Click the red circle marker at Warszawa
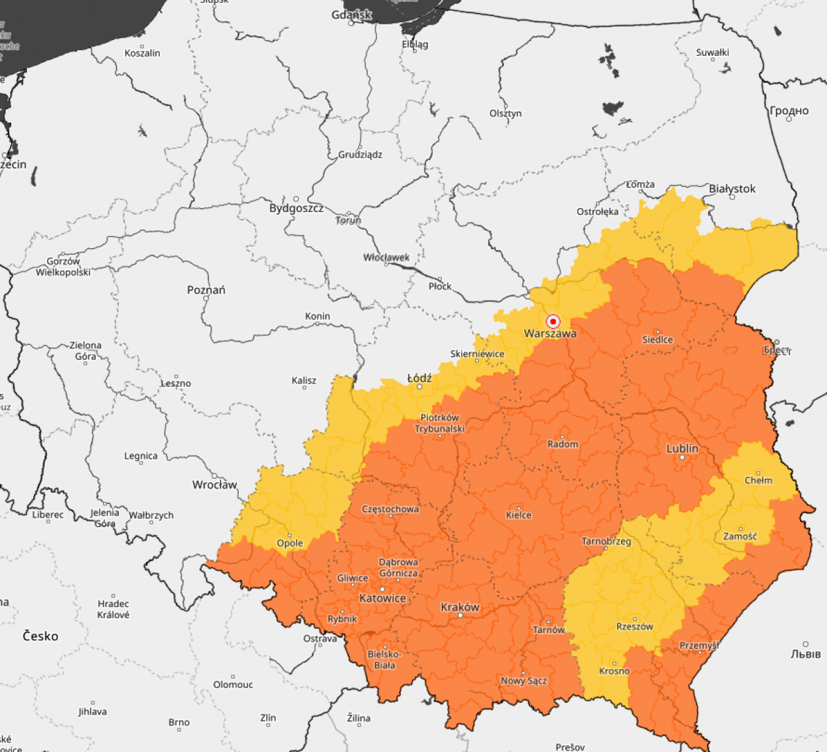[x=553, y=321]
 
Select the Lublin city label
[x=682, y=449]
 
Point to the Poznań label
[x=206, y=290]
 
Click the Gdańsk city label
[x=351, y=15]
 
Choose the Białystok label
[x=732, y=188]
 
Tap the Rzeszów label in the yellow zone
[x=635, y=626]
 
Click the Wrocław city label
[x=215, y=484]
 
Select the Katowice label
[x=382, y=598]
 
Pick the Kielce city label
[x=518, y=515]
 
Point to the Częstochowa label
[x=390, y=509]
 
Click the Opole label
[x=290, y=543]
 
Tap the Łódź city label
[x=419, y=378]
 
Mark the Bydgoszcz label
[x=296, y=208]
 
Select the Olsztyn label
[x=506, y=113]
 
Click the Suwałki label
[x=712, y=52]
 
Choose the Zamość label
[x=740, y=536]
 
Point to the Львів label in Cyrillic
[x=805, y=654]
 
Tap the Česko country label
[x=40, y=636]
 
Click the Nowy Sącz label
[x=523, y=681]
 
